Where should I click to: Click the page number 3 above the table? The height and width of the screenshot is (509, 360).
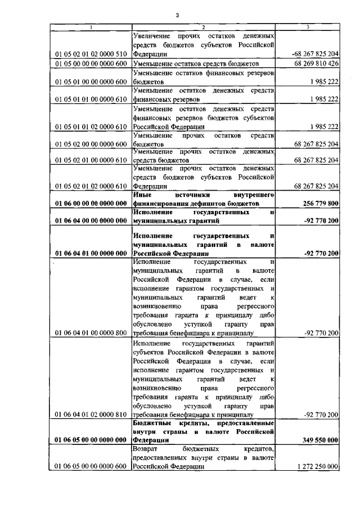point(177,15)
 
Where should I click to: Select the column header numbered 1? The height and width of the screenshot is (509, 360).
point(91,27)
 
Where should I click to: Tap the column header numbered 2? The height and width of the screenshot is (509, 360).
point(204,27)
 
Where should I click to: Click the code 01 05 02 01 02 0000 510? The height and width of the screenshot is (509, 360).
point(91,54)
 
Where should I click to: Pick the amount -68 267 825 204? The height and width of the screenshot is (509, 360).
point(316,54)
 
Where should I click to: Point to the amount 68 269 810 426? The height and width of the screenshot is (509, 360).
point(316,64)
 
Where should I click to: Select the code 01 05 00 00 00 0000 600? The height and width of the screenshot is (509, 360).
point(91,64)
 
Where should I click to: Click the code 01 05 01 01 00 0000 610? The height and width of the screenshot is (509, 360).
point(91,99)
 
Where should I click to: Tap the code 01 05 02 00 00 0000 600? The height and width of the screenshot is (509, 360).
point(91,145)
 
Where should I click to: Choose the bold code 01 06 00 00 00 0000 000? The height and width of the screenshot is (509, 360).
point(91,203)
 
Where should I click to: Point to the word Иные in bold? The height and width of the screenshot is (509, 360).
point(143,195)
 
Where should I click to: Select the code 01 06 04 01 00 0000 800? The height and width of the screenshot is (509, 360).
point(91,334)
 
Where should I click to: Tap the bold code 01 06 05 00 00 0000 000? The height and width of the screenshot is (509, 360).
point(91,440)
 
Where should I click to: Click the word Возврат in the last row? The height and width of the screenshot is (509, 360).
point(147,449)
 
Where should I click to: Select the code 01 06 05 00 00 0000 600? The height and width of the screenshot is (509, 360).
point(91,467)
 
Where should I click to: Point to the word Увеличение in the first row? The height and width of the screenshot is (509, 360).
point(154,35)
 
